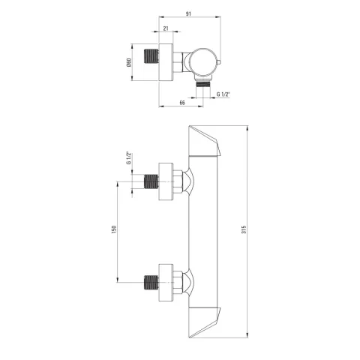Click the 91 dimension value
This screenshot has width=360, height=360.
188,13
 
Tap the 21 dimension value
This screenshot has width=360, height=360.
166,28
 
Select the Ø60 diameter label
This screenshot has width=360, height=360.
129,62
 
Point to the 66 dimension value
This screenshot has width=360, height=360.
182,103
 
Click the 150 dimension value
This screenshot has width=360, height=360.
114,229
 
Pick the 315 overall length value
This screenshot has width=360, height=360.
244,229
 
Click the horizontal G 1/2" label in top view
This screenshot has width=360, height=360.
223,94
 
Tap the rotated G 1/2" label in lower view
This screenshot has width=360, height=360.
129,158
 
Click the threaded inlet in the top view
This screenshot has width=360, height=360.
151,55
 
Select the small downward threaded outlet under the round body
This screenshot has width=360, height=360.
202,83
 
